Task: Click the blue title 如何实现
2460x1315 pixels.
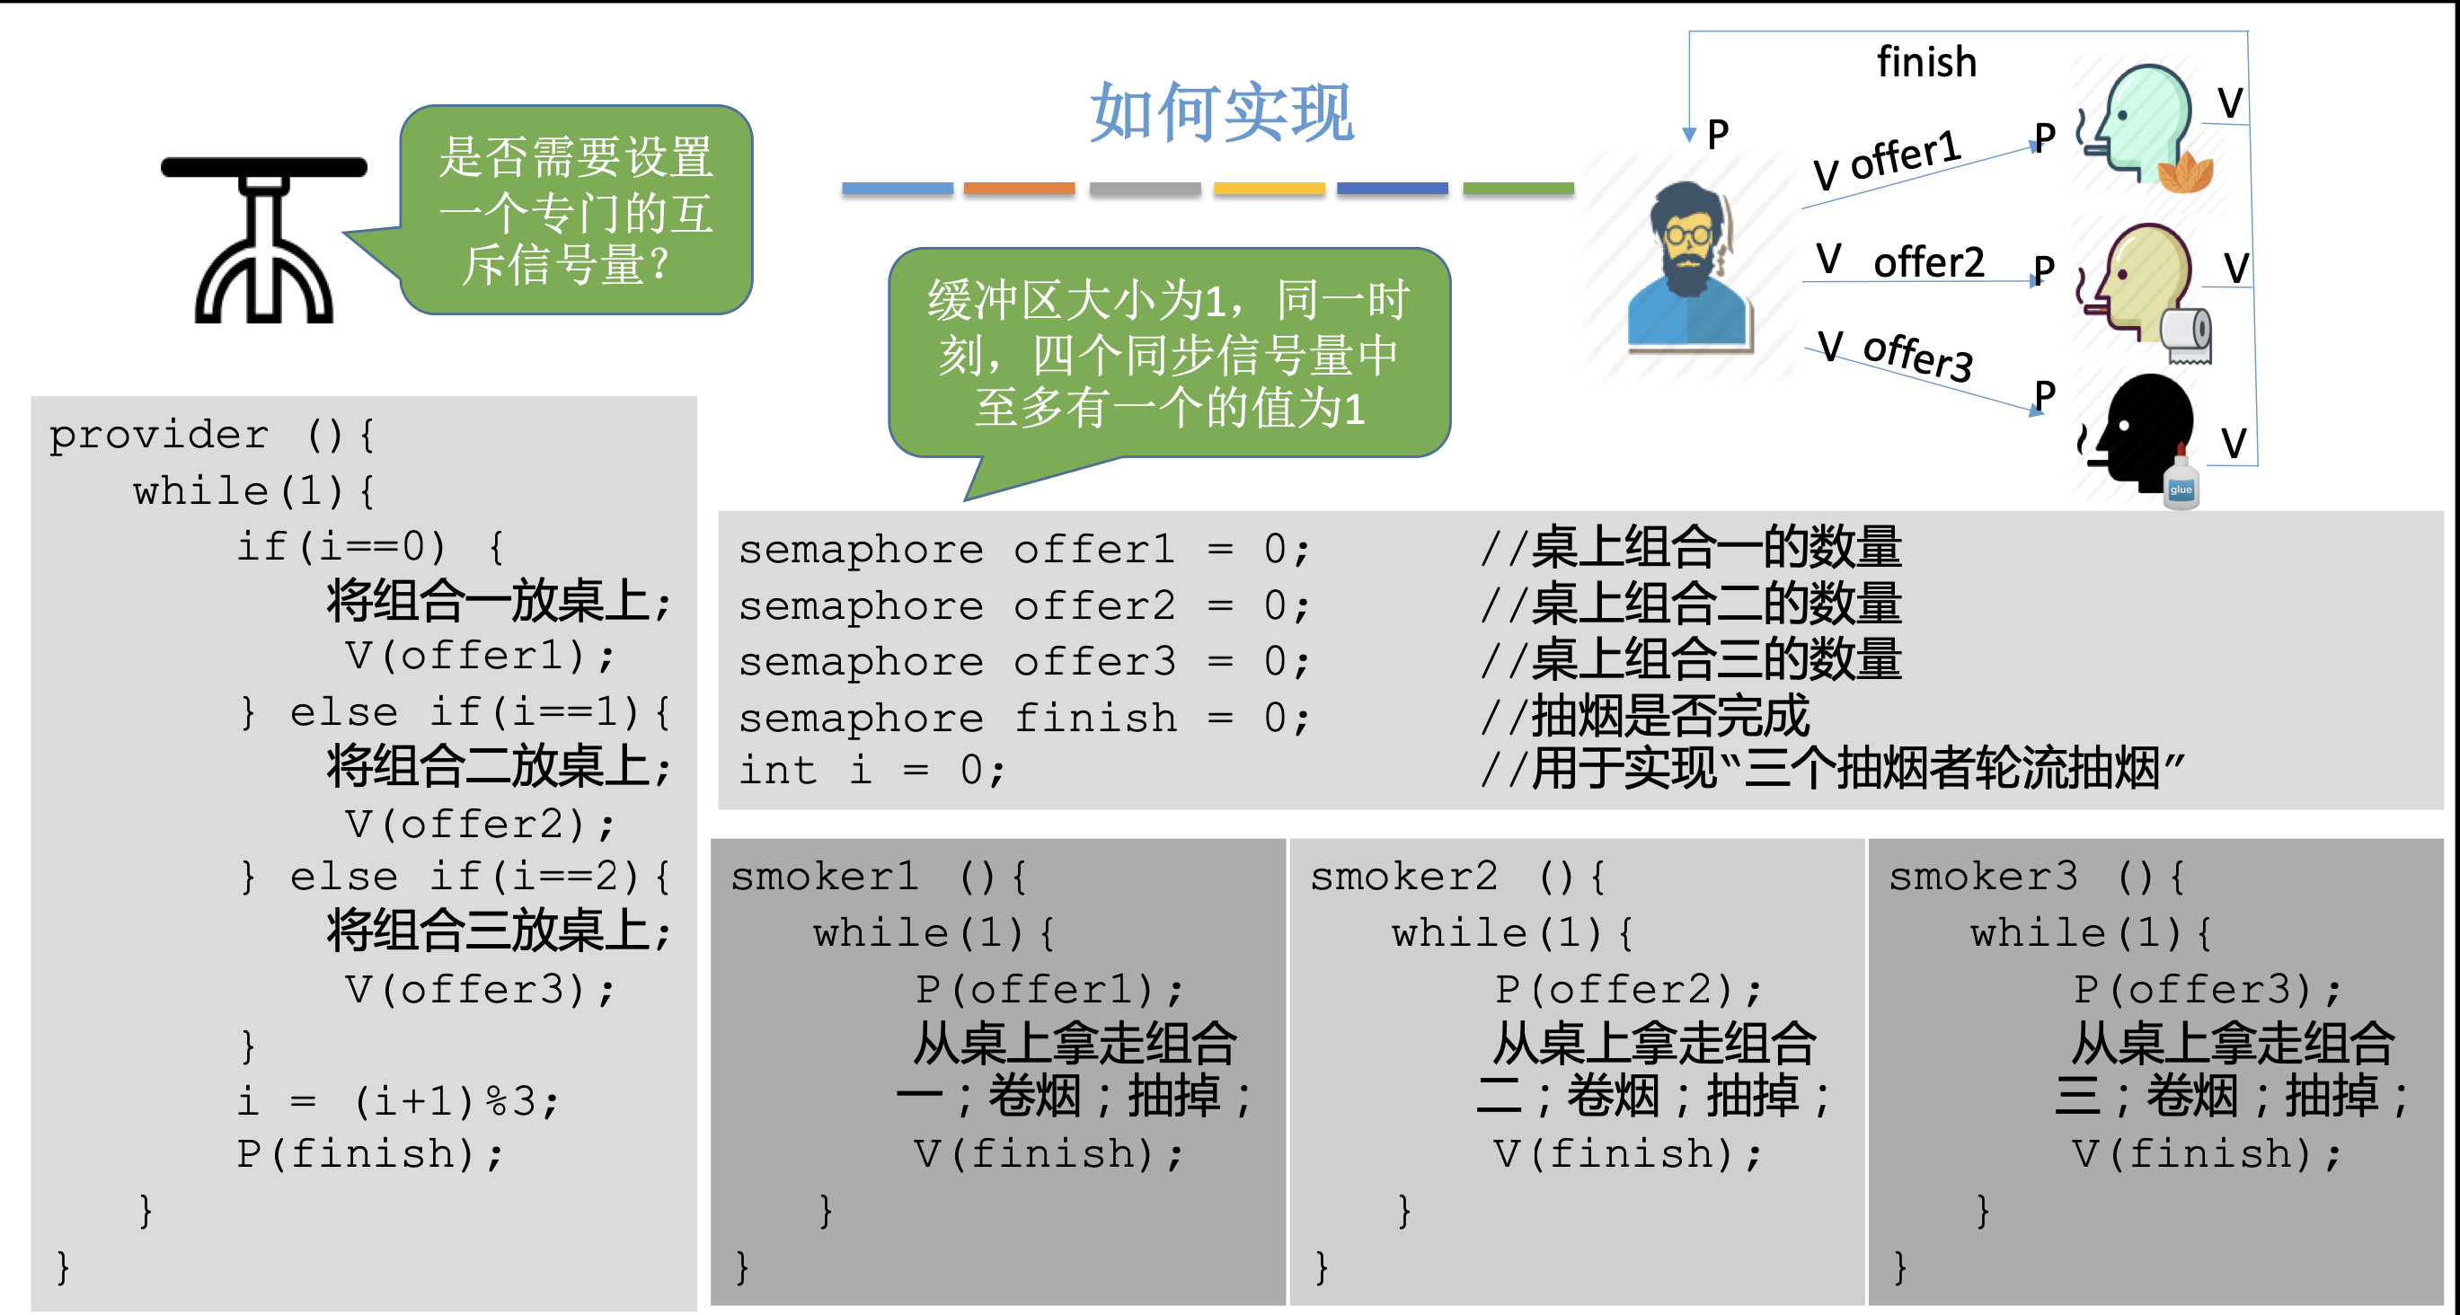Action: tap(1221, 112)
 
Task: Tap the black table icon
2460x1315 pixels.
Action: tap(263, 239)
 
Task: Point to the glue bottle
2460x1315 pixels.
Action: tap(2181, 483)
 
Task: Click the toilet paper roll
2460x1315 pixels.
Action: tap(2186, 335)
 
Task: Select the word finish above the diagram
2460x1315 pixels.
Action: tap(1926, 62)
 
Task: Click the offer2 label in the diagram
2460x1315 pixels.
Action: tap(1928, 261)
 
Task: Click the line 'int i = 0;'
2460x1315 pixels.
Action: tap(871, 770)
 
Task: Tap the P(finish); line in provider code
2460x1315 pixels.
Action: tap(369, 1153)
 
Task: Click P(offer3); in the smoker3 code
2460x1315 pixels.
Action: tap(2207, 989)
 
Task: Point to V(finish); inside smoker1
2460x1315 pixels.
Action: tap(1049, 1153)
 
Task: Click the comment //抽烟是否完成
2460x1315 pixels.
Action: tap(1644, 716)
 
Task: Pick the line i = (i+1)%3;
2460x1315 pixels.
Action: tap(397, 1101)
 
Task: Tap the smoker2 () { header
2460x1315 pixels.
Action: tap(1456, 877)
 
